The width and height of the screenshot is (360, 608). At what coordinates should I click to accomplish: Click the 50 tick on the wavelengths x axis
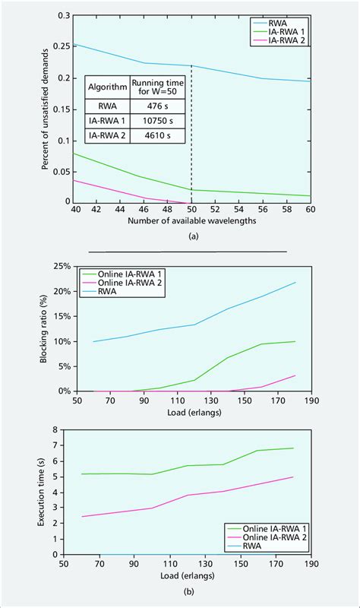[191, 208]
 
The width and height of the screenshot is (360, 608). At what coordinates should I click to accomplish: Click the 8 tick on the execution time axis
[55, 429]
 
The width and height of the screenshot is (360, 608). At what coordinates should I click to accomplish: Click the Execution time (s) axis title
[40, 492]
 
